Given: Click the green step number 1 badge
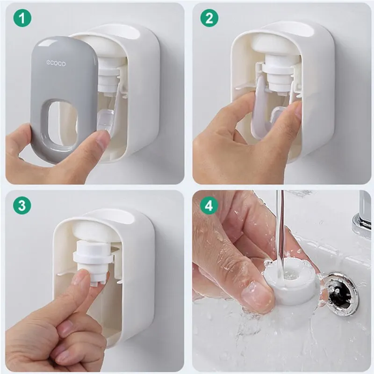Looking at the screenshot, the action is [22, 18].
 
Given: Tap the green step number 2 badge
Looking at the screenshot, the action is [209, 18].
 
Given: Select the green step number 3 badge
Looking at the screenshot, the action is [22, 205].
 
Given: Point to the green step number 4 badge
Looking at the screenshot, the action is [209, 205].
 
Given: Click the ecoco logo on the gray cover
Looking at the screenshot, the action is [56, 63].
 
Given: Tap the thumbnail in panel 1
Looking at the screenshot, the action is [102, 142].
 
